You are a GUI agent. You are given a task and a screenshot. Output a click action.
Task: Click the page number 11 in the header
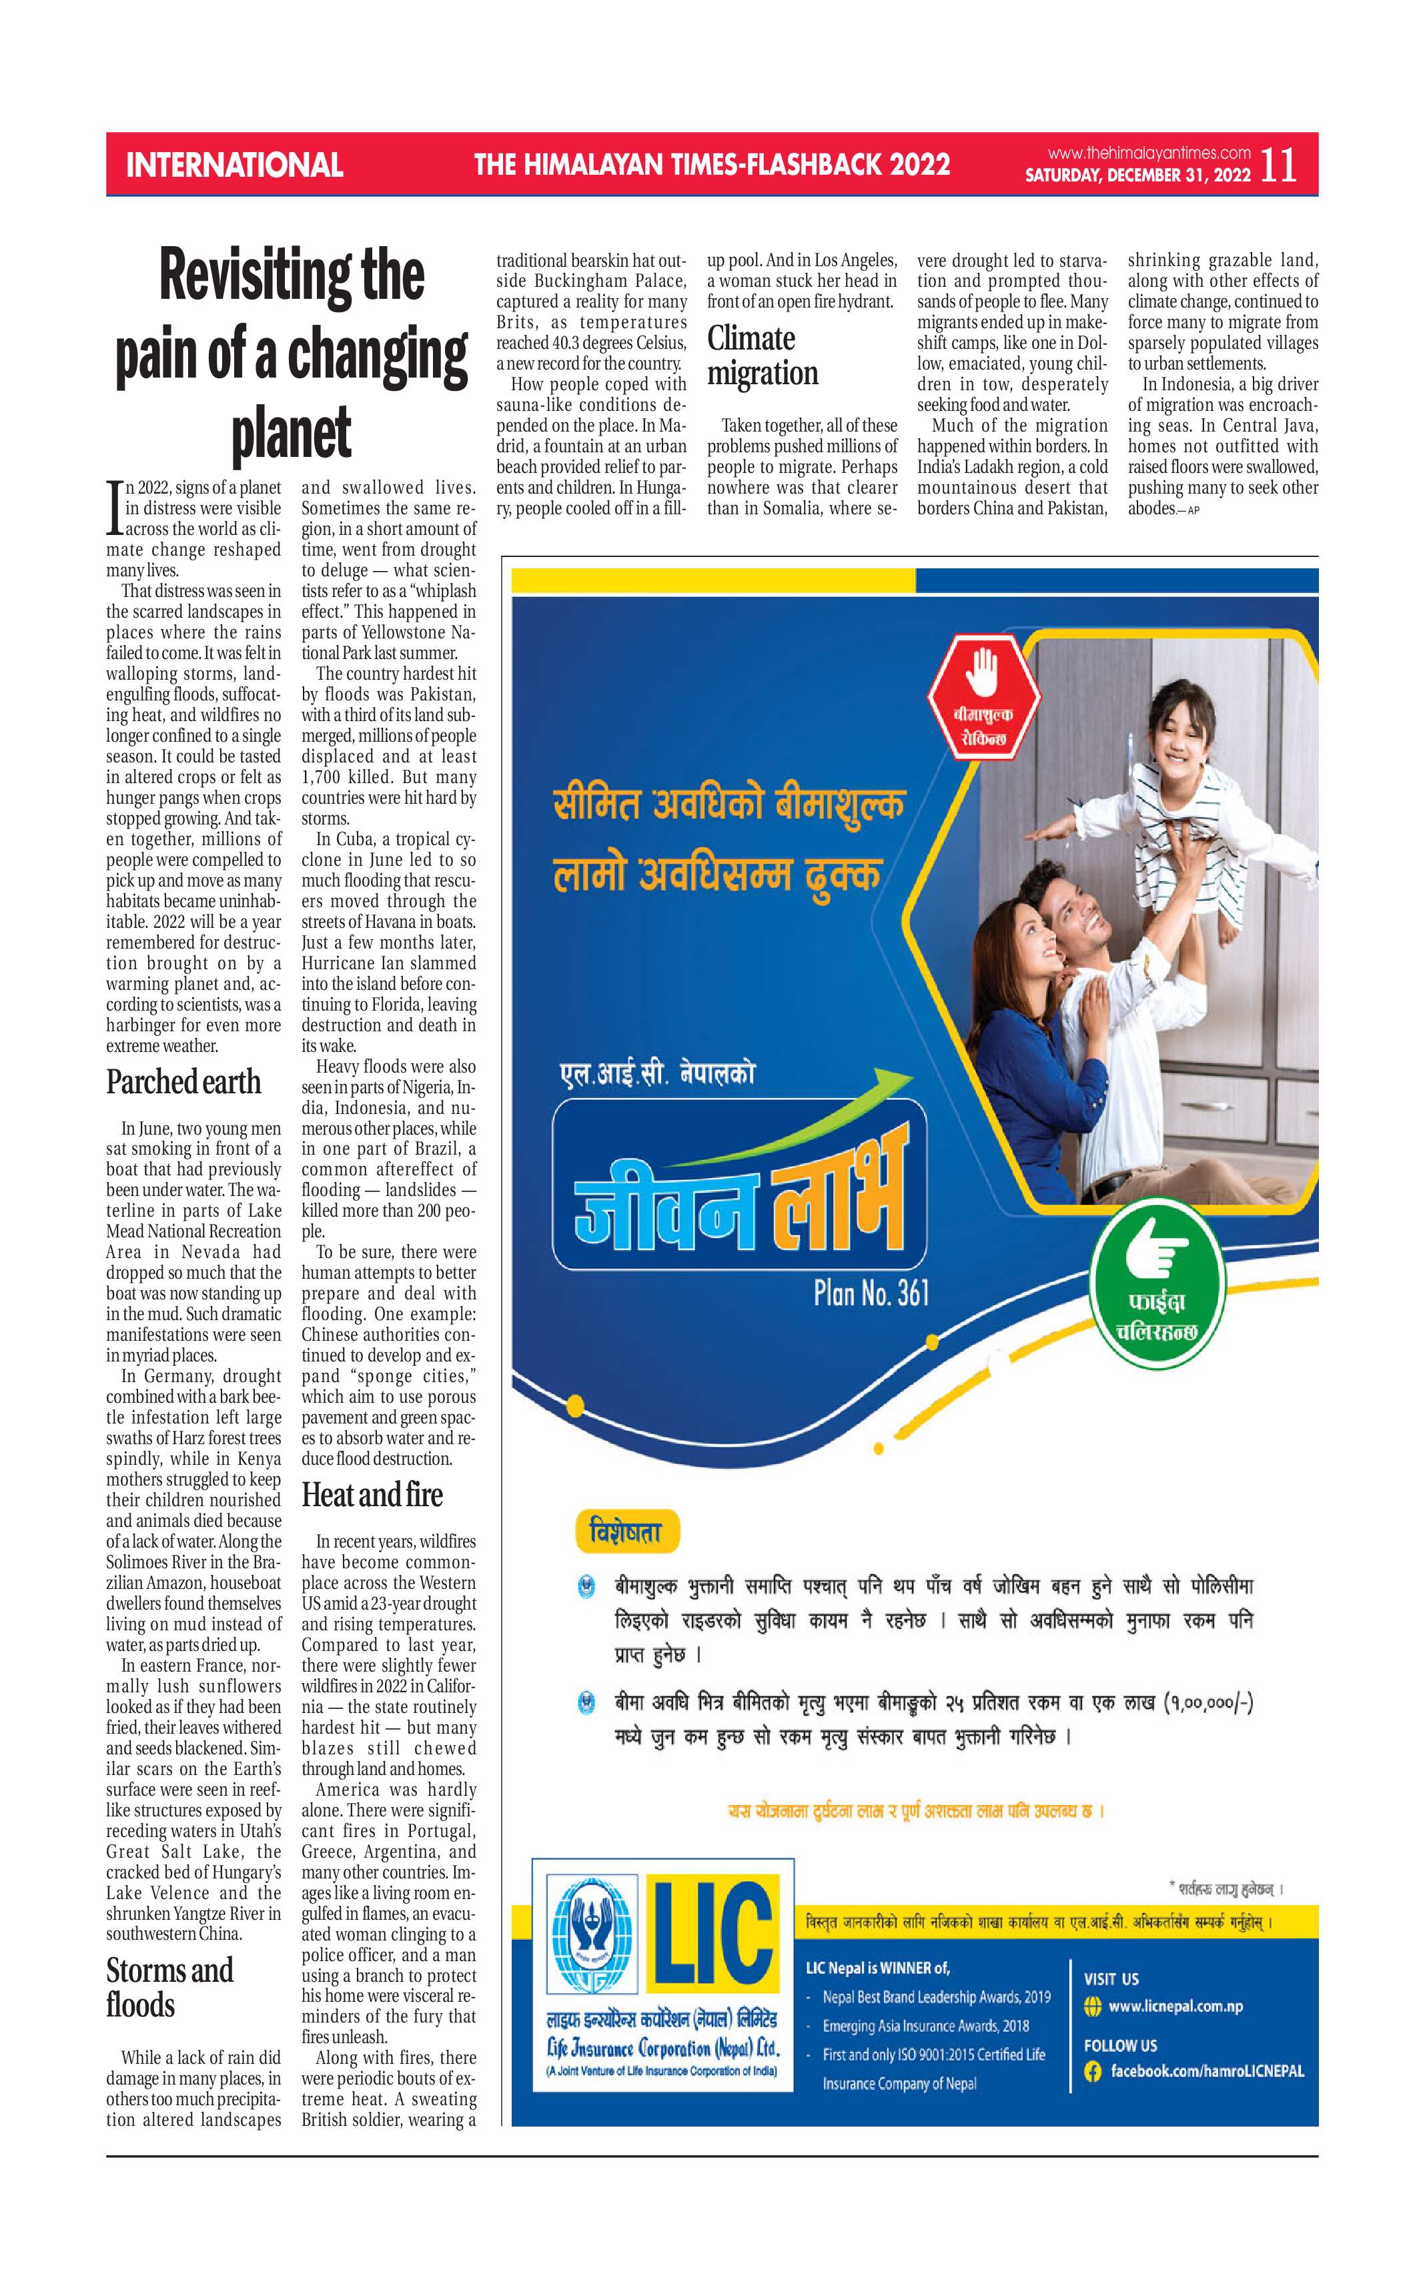1278,165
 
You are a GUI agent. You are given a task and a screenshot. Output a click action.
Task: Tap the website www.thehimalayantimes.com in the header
1149,153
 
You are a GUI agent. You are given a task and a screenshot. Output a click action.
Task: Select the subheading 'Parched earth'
183,1082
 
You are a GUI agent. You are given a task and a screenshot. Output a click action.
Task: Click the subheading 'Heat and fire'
372,1496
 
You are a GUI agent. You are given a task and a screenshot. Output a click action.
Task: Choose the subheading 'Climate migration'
763,356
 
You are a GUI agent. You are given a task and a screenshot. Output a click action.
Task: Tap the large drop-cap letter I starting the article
114,509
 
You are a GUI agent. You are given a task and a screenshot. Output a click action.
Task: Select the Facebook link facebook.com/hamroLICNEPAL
1206,2071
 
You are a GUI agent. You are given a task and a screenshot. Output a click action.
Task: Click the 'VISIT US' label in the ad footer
1111,1978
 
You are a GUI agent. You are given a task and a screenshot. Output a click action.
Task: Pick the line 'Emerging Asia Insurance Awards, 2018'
925,2025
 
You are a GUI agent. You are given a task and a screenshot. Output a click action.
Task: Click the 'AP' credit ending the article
1193,511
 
